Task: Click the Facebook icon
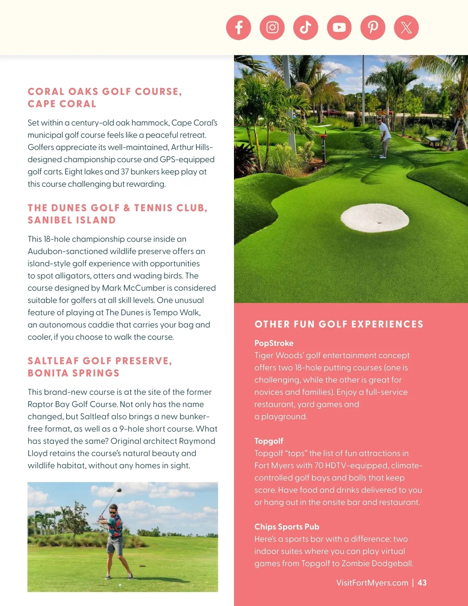coord(238,28)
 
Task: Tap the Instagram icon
coord(272,28)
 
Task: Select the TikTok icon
coord(306,28)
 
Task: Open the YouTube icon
coord(339,28)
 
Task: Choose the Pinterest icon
coord(373,28)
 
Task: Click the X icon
coord(406,28)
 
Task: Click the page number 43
coord(422,583)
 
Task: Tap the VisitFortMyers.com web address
coord(372,583)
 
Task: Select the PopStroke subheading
coord(274,343)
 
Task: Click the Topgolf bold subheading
coord(269,441)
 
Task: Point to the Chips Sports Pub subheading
coord(287,526)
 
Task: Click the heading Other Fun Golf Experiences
coord(339,324)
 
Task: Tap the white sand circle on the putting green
coord(375,218)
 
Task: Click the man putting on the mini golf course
coord(384,138)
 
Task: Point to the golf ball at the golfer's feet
coord(120,585)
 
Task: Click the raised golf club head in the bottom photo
coord(119,490)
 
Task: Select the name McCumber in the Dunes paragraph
coord(144,288)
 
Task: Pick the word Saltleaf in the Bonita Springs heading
coord(53,361)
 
